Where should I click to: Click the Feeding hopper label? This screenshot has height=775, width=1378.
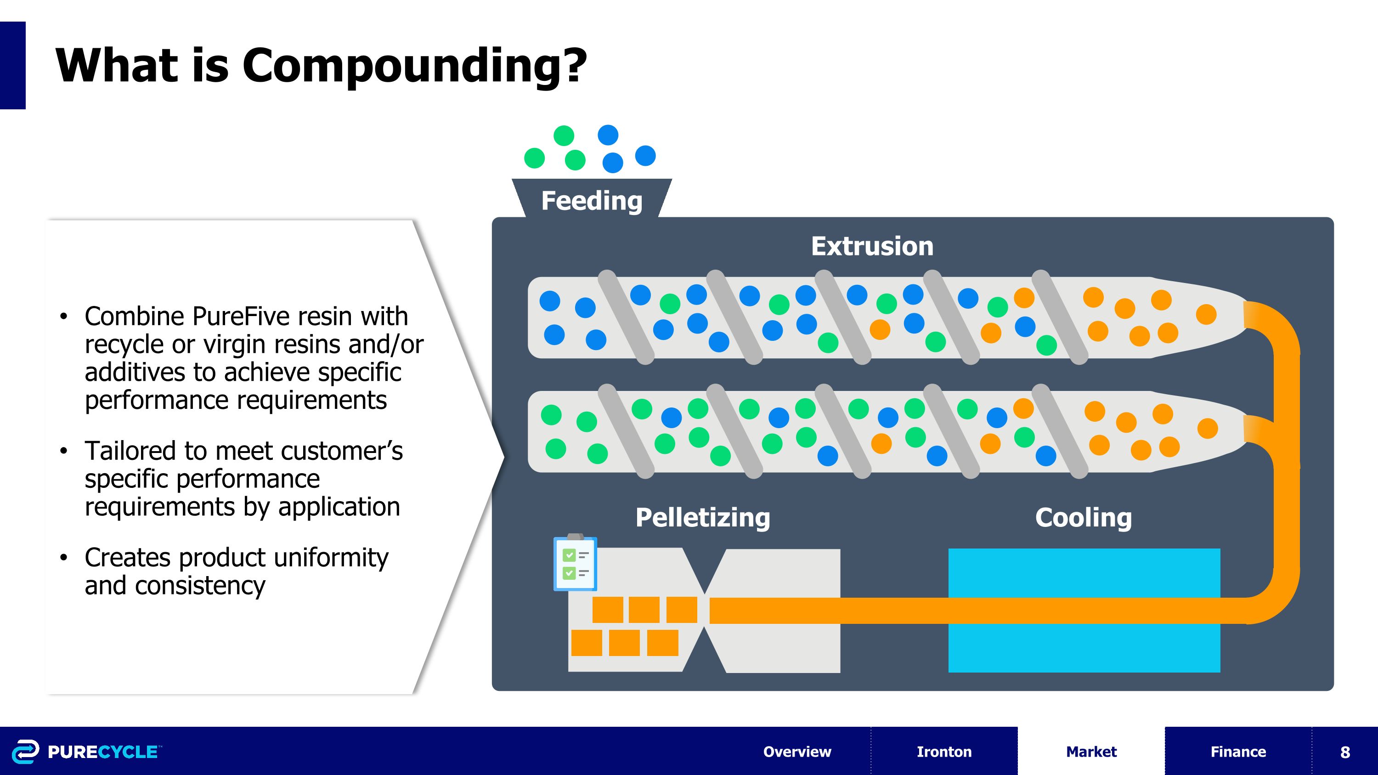tap(592, 201)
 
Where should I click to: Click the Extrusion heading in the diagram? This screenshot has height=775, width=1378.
tap(872, 246)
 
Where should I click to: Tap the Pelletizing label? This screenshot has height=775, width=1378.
tap(702, 517)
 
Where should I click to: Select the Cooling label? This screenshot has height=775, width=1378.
tap(1083, 517)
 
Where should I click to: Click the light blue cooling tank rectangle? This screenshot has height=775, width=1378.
tap(1084, 572)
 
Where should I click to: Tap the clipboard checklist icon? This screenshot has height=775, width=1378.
tap(575, 564)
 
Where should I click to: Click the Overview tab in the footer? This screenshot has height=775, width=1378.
tap(797, 752)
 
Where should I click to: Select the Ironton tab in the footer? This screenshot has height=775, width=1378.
tap(944, 752)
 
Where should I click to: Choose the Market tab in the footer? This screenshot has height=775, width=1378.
tap(1091, 752)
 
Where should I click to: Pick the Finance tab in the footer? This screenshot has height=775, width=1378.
tap(1238, 752)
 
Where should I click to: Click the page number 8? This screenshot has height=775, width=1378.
tap(1345, 752)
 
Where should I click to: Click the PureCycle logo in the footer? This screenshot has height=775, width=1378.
tap(85, 752)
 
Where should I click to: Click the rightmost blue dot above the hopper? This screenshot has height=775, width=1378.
tap(645, 156)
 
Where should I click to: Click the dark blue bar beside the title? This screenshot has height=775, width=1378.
tap(12, 65)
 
